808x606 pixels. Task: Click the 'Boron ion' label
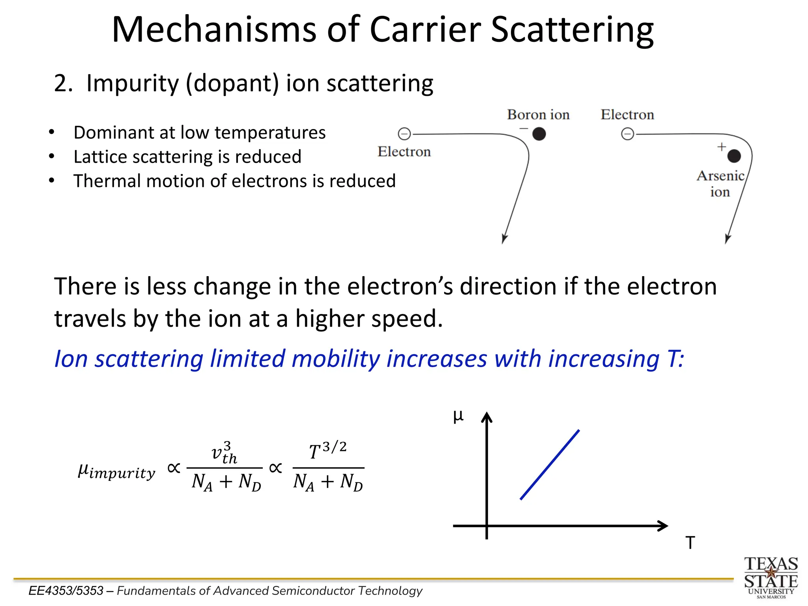[538, 115]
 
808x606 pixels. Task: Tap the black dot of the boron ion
[539, 134]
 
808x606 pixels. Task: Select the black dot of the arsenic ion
[734, 156]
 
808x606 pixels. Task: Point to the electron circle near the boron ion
[404, 134]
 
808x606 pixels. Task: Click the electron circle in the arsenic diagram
[628, 134]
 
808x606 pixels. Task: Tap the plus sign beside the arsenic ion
[722, 147]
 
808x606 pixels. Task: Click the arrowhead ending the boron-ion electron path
[504, 239]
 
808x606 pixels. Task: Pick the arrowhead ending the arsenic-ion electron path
[728, 239]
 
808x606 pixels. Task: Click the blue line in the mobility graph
[550, 465]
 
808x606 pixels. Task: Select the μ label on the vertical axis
[458, 416]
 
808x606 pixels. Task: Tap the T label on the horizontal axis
[690, 543]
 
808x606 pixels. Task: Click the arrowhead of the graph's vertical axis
[487, 417]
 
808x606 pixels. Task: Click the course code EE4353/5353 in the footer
[66, 591]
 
